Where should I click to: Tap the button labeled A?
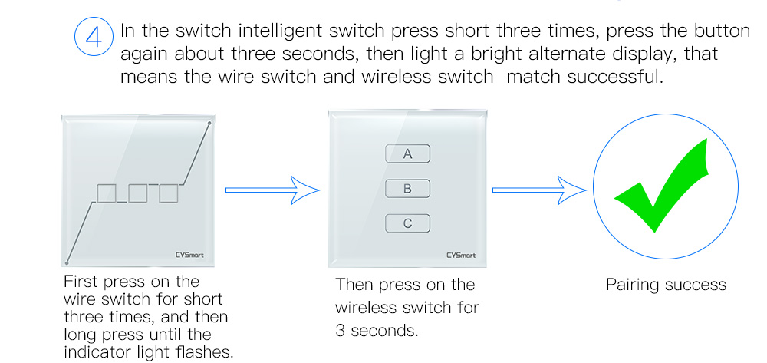[408, 153]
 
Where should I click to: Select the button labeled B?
[408, 189]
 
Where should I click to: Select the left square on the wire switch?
[107, 193]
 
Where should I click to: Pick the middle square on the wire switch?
[138, 193]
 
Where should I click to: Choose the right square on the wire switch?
[168, 193]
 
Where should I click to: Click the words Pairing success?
[666, 285]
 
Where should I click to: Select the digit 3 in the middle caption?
[341, 331]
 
